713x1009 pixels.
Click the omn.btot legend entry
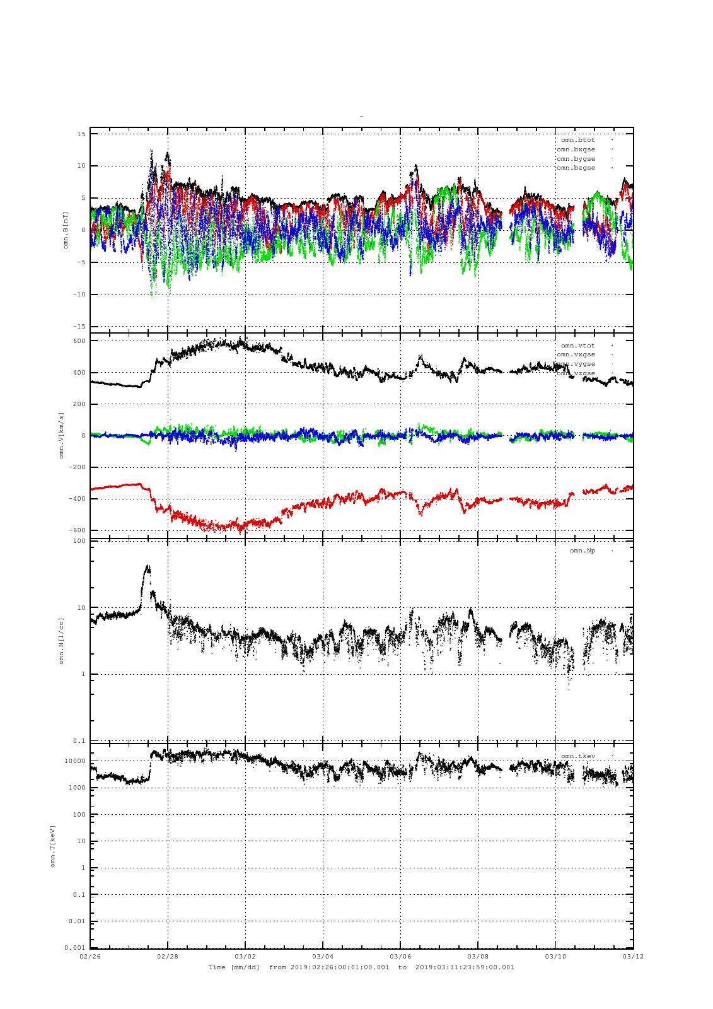pos(577,140)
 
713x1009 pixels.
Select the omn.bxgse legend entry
pos(576,149)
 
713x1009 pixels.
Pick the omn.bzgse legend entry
pos(576,168)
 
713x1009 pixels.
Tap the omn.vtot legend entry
pos(577,346)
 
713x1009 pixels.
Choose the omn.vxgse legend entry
pos(576,355)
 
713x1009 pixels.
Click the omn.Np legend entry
pos(582,551)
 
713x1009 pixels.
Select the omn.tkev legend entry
pos(577,756)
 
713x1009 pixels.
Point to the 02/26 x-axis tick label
pos(90,957)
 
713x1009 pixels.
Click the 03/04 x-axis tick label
pos(323,957)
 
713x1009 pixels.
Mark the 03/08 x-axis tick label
pos(478,957)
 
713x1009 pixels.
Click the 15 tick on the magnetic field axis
pos(81,134)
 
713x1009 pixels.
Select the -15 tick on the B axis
pos(79,327)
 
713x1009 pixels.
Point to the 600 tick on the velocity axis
pos(79,341)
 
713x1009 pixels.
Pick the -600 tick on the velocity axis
pos(78,530)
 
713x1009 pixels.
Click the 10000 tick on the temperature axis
pos(76,761)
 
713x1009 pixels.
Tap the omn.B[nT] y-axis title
pos(66,230)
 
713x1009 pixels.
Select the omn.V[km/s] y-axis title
pos(61,435)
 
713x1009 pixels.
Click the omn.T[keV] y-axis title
pos(53,845)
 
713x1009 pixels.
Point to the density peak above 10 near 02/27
pos(148,568)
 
